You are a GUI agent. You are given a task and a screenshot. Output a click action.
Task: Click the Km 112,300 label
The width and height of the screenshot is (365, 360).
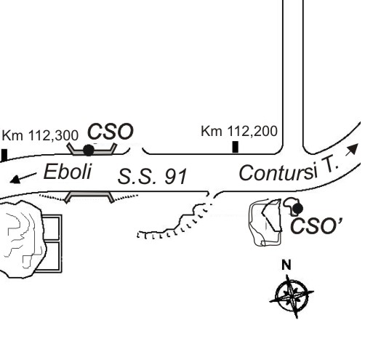click(x=40, y=135)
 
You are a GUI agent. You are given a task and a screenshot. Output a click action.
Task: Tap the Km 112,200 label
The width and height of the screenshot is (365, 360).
click(x=239, y=131)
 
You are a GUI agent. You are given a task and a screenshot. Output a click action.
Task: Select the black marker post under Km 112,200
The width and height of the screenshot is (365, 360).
click(x=236, y=147)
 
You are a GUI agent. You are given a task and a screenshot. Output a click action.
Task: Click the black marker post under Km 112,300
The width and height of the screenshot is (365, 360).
click(x=4, y=155)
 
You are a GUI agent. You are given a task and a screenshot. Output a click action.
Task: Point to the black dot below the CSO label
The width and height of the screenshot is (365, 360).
click(x=89, y=150)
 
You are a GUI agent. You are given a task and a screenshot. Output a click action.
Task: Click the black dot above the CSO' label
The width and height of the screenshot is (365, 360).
click(x=297, y=209)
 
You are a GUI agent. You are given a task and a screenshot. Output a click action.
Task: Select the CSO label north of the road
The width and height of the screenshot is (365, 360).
click(x=111, y=132)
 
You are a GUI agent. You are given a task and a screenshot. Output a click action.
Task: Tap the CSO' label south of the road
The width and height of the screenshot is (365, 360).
click(x=316, y=225)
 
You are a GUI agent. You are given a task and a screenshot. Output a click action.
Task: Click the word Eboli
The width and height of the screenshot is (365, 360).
click(x=68, y=172)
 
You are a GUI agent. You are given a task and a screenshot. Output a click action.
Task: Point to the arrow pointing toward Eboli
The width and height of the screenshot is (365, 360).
click(x=23, y=178)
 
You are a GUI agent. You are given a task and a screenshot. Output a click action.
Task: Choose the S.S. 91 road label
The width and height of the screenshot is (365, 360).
click(x=152, y=176)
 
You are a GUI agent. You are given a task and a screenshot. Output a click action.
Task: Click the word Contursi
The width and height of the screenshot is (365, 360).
click(x=278, y=172)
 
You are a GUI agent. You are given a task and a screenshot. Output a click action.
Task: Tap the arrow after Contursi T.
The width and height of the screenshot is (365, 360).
click(x=353, y=149)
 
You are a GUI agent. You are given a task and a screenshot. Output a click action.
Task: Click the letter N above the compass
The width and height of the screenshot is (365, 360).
click(x=286, y=265)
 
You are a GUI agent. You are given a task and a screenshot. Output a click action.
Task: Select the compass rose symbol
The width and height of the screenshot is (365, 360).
click(x=292, y=296)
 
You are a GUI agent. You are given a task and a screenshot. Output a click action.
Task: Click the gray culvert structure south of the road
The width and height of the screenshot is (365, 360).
click(x=89, y=196)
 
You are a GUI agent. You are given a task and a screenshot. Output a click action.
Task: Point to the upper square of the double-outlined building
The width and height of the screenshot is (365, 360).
click(x=52, y=228)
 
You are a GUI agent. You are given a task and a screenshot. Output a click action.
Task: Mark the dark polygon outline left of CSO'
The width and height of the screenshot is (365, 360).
click(x=273, y=215)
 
